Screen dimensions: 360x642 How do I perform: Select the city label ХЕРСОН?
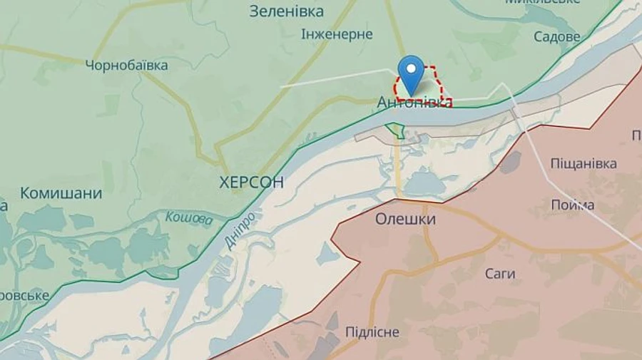click(x=252, y=182)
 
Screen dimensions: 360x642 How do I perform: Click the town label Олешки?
click(x=405, y=220)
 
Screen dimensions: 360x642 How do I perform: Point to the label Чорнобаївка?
click(x=126, y=66)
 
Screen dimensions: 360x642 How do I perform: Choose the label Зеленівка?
click(x=286, y=11)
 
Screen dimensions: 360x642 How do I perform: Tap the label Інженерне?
click(x=337, y=34)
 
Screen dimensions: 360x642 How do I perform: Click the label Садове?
click(x=556, y=36)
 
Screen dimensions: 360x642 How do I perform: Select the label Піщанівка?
click(x=584, y=164)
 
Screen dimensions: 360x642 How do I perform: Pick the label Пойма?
click(x=573, y=205)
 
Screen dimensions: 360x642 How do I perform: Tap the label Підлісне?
click(x=372, y=332)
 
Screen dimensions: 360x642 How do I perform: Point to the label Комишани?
click(x=61, y=193)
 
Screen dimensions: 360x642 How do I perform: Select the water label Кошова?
click(x=189, y=218)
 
